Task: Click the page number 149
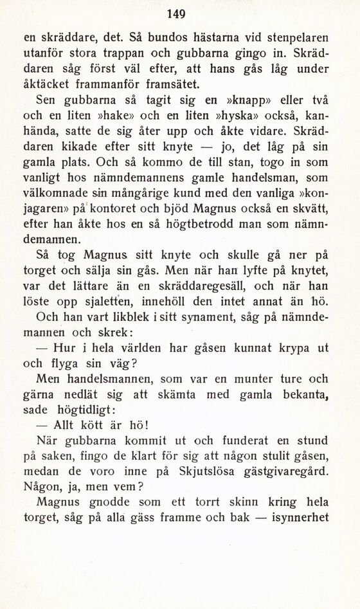click(175, 14)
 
